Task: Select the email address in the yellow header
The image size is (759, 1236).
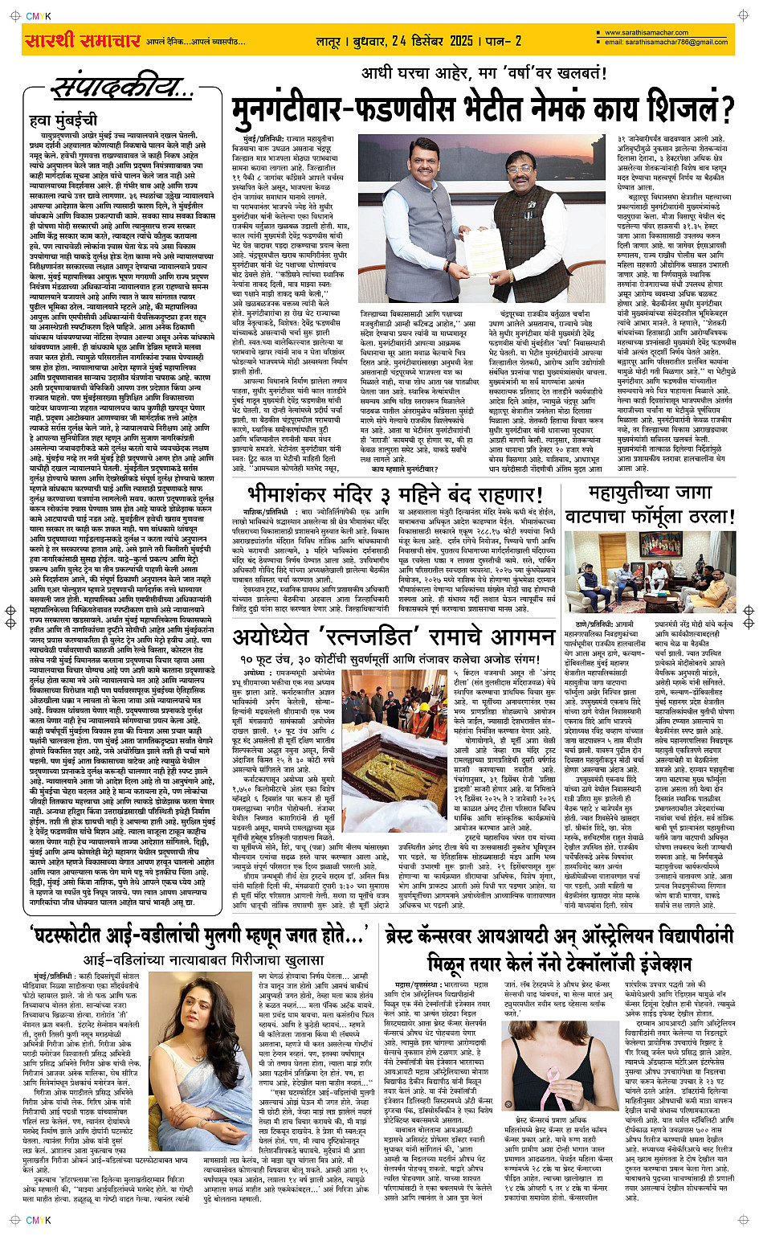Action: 666,43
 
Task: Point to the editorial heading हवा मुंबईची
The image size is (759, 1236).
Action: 63,120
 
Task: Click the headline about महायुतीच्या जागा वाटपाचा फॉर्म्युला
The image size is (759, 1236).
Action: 650,504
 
